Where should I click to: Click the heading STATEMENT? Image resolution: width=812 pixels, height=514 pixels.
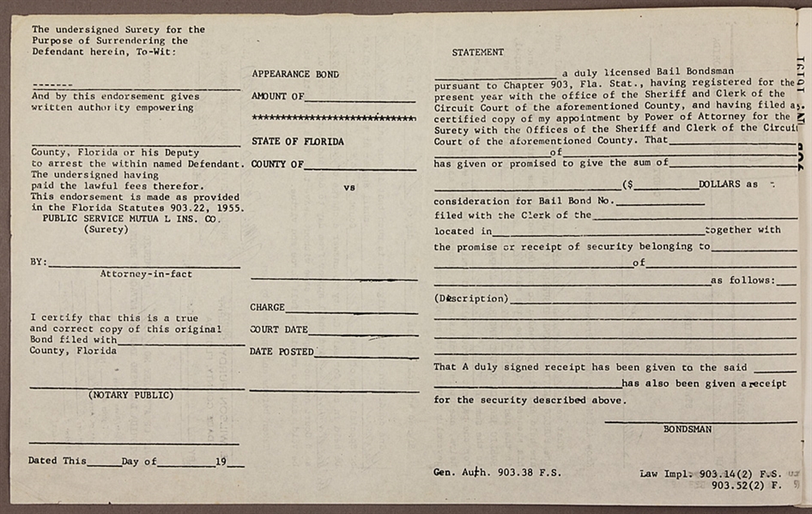(477, 52)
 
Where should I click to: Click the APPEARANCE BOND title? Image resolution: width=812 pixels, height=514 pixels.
(294, 75)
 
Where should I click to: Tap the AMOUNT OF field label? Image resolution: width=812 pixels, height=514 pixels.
(277, 97)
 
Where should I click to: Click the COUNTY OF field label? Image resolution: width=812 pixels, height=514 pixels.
(277, 164)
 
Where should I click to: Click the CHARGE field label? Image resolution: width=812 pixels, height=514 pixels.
(267, 307)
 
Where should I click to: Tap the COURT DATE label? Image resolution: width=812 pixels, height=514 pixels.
(278, 330)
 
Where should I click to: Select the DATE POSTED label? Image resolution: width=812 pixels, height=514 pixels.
(282, 352)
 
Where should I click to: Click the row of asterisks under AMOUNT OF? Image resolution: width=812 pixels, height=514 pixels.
(333, 118)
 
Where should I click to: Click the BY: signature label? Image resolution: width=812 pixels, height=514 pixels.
(39, 263)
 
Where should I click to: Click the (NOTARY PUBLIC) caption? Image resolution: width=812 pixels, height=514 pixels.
(130, 396)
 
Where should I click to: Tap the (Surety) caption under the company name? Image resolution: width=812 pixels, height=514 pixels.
(106, 229)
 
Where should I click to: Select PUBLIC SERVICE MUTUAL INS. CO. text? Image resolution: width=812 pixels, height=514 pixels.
(130, 219)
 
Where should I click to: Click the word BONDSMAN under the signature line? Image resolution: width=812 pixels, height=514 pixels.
(687, 429)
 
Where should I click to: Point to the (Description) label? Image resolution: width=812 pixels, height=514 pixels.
(471, 299)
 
